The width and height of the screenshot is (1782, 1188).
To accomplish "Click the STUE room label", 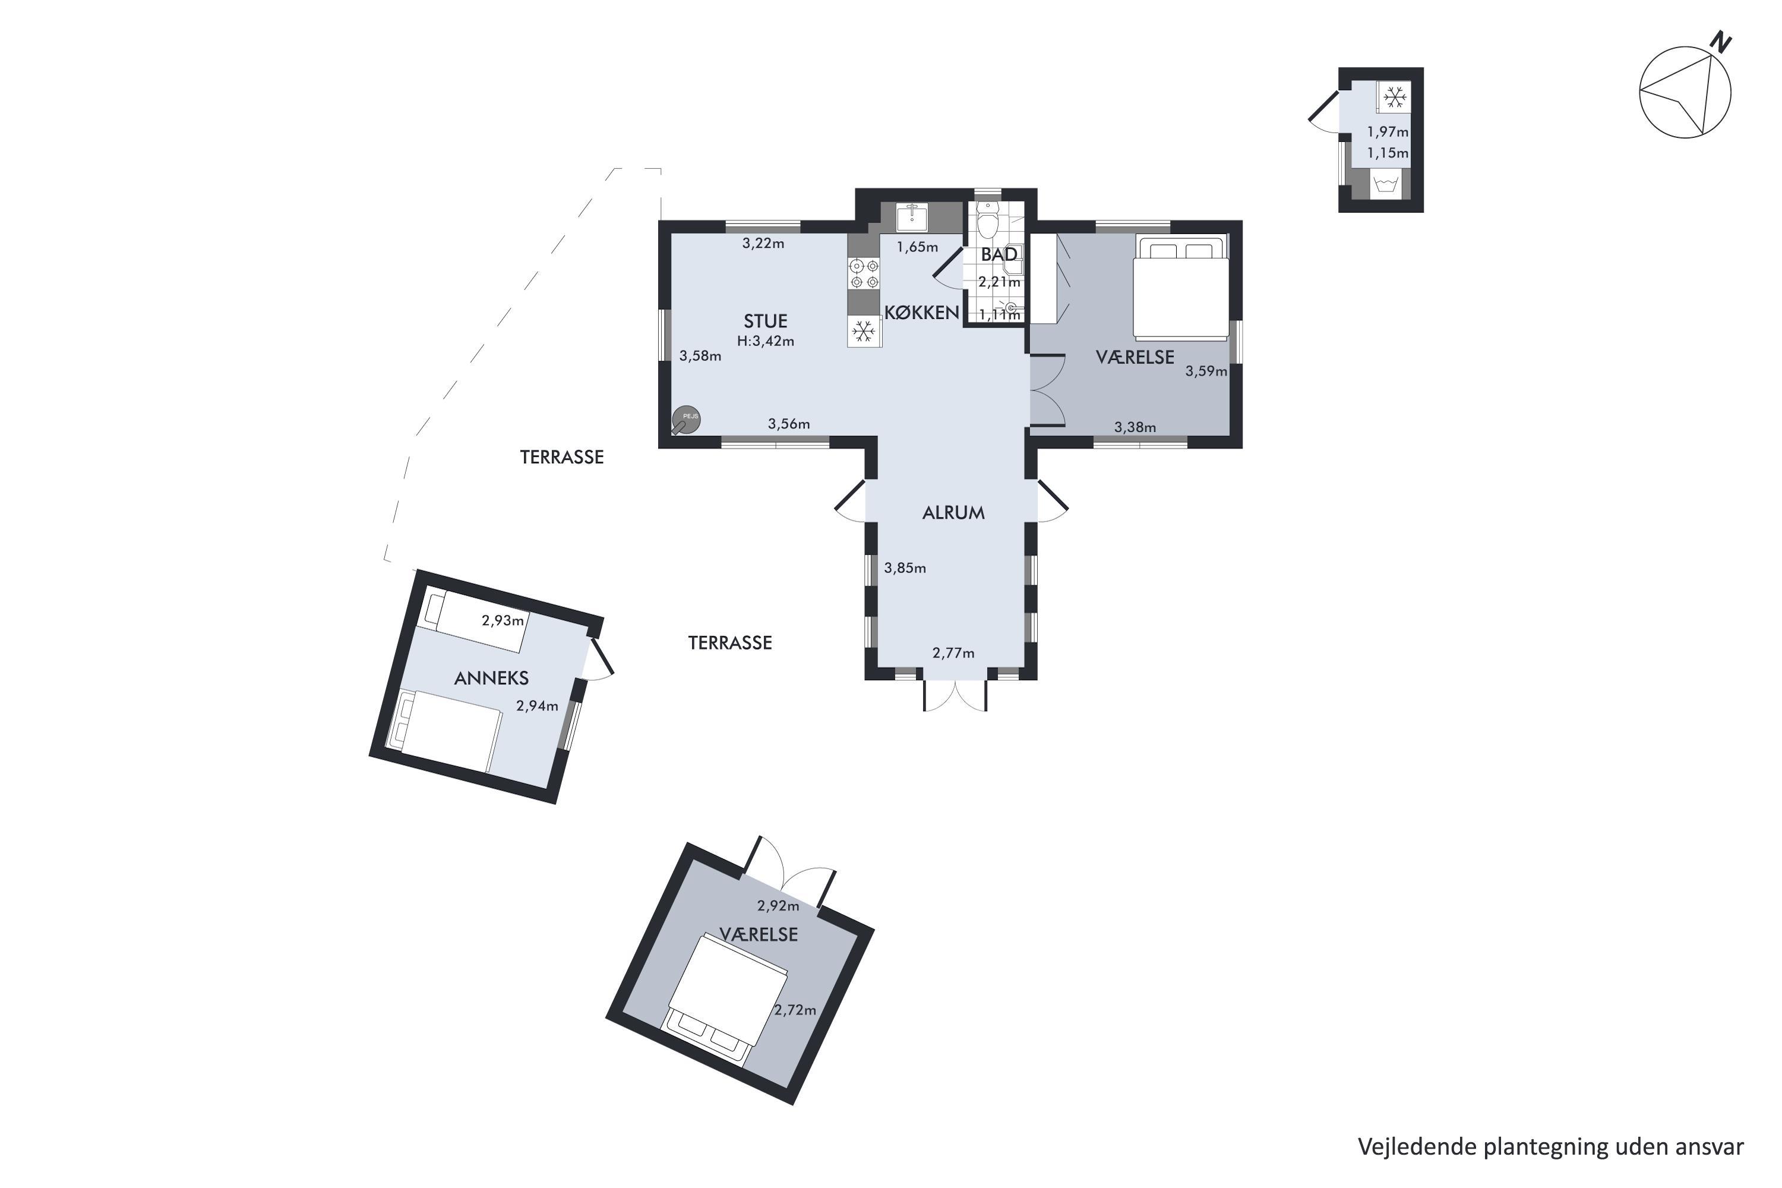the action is (x=765, y=321).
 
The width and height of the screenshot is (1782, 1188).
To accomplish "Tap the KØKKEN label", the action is (x=922, y=312).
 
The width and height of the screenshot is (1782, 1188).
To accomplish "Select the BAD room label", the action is (x=999, y=255).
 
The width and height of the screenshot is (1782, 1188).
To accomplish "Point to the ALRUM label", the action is (x=953, y=513).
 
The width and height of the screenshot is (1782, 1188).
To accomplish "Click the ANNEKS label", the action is (x=491, y=678).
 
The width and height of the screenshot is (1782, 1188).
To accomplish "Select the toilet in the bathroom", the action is (x=988, y=220).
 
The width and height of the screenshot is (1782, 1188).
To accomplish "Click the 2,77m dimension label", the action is (x=953, y=653).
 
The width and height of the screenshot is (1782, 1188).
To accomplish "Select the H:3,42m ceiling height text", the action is (x=765, y=342).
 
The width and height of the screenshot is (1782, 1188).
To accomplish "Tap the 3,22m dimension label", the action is (x=763, y=243).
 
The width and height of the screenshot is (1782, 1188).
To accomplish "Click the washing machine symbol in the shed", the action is (x=1385, y=185).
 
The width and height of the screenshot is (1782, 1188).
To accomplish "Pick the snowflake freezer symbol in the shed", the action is (x=1395, y=97).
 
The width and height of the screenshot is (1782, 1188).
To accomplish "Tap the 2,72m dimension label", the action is (x=795, y=1010).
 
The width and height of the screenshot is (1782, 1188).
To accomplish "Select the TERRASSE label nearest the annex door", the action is (x=729, y=643).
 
